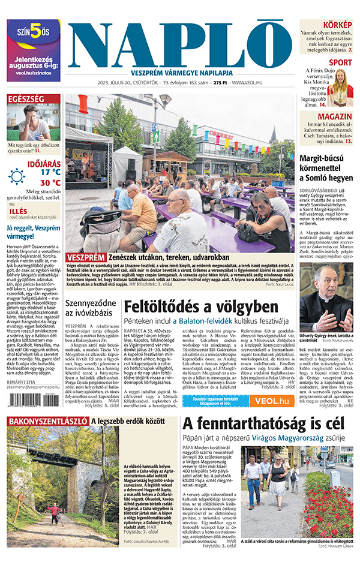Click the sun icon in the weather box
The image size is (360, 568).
click(x=17, y=176)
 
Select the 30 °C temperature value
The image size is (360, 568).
click(x=50, y=182)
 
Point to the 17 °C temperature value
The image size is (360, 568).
click(x=50, y=171)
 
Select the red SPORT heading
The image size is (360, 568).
click(x=340, y=62)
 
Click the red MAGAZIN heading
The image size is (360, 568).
click(x=335, y=116)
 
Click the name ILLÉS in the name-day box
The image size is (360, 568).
click(x=20, y=211)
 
